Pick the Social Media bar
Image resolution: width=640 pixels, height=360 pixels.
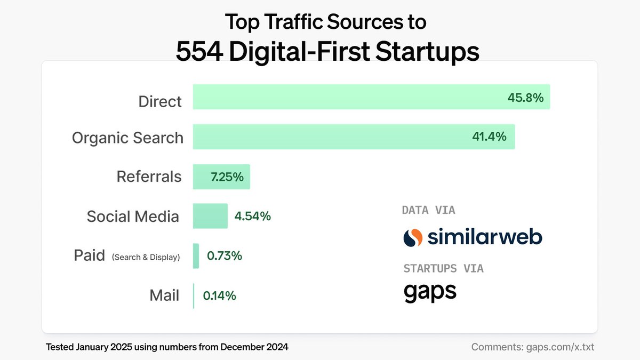(210, 216)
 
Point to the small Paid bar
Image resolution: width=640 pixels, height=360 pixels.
(196, 256)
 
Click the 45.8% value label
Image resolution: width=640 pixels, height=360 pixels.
(525, 98)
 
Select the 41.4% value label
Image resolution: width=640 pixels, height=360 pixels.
(489, 137)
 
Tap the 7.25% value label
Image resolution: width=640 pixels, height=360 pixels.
(227, 177)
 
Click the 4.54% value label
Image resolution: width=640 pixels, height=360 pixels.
(253, 217)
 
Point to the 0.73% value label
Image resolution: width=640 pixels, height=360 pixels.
(225, 256)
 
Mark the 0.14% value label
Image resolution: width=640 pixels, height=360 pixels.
(219, 295)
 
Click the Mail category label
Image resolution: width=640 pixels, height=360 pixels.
(164, 295)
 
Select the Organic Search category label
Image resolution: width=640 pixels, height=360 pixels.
(127, 138)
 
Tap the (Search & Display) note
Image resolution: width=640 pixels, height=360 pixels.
(146, 257)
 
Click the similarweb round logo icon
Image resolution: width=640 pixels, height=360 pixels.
(413, 237)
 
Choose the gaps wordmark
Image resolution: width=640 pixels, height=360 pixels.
(430, 291)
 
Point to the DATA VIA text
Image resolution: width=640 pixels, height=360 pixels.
(428, 210)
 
